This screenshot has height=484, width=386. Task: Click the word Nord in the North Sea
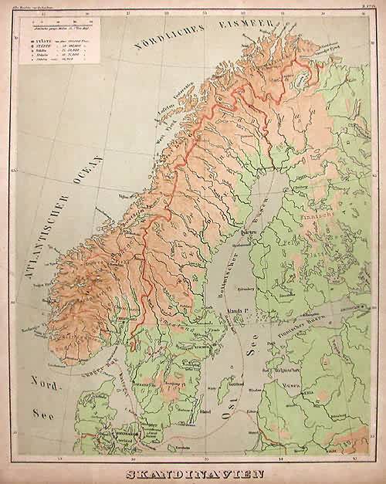(34, 381)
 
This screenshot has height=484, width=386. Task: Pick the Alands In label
(239, 313)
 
